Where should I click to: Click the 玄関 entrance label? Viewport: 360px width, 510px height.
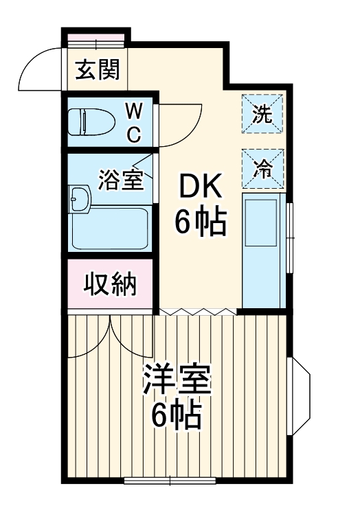[x=97, y=69]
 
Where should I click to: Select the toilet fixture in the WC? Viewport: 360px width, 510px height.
[x=93, y=121]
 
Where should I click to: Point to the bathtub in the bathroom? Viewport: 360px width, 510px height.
[x=109, y=227]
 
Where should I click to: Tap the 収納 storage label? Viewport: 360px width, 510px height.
[x=110, y=283]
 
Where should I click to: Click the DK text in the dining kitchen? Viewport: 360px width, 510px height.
[x=200, y=186]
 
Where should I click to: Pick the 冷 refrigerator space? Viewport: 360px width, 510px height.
[x=262, y=167]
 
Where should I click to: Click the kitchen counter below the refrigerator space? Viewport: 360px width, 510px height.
[x=264, y=251]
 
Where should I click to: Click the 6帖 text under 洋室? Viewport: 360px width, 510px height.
[x=177, y=415]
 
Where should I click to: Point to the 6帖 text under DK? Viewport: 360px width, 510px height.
[x=200, y=221]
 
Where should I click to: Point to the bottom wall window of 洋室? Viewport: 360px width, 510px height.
[x=169, y=479]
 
